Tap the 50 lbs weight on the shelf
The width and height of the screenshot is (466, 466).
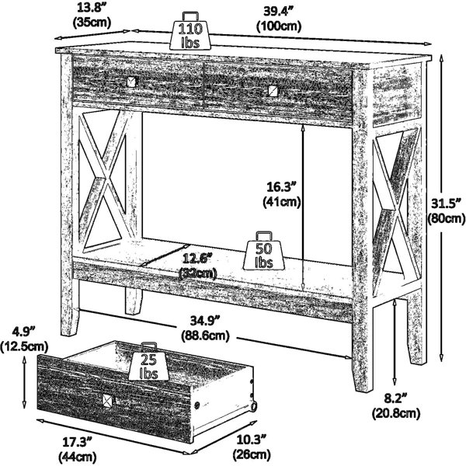(264, 251)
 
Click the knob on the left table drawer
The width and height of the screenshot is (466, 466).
(132, 82)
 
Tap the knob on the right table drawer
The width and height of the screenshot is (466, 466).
(273, 91)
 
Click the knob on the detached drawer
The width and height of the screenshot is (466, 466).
(108, 400)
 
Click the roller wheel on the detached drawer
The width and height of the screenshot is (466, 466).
(254, 406)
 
